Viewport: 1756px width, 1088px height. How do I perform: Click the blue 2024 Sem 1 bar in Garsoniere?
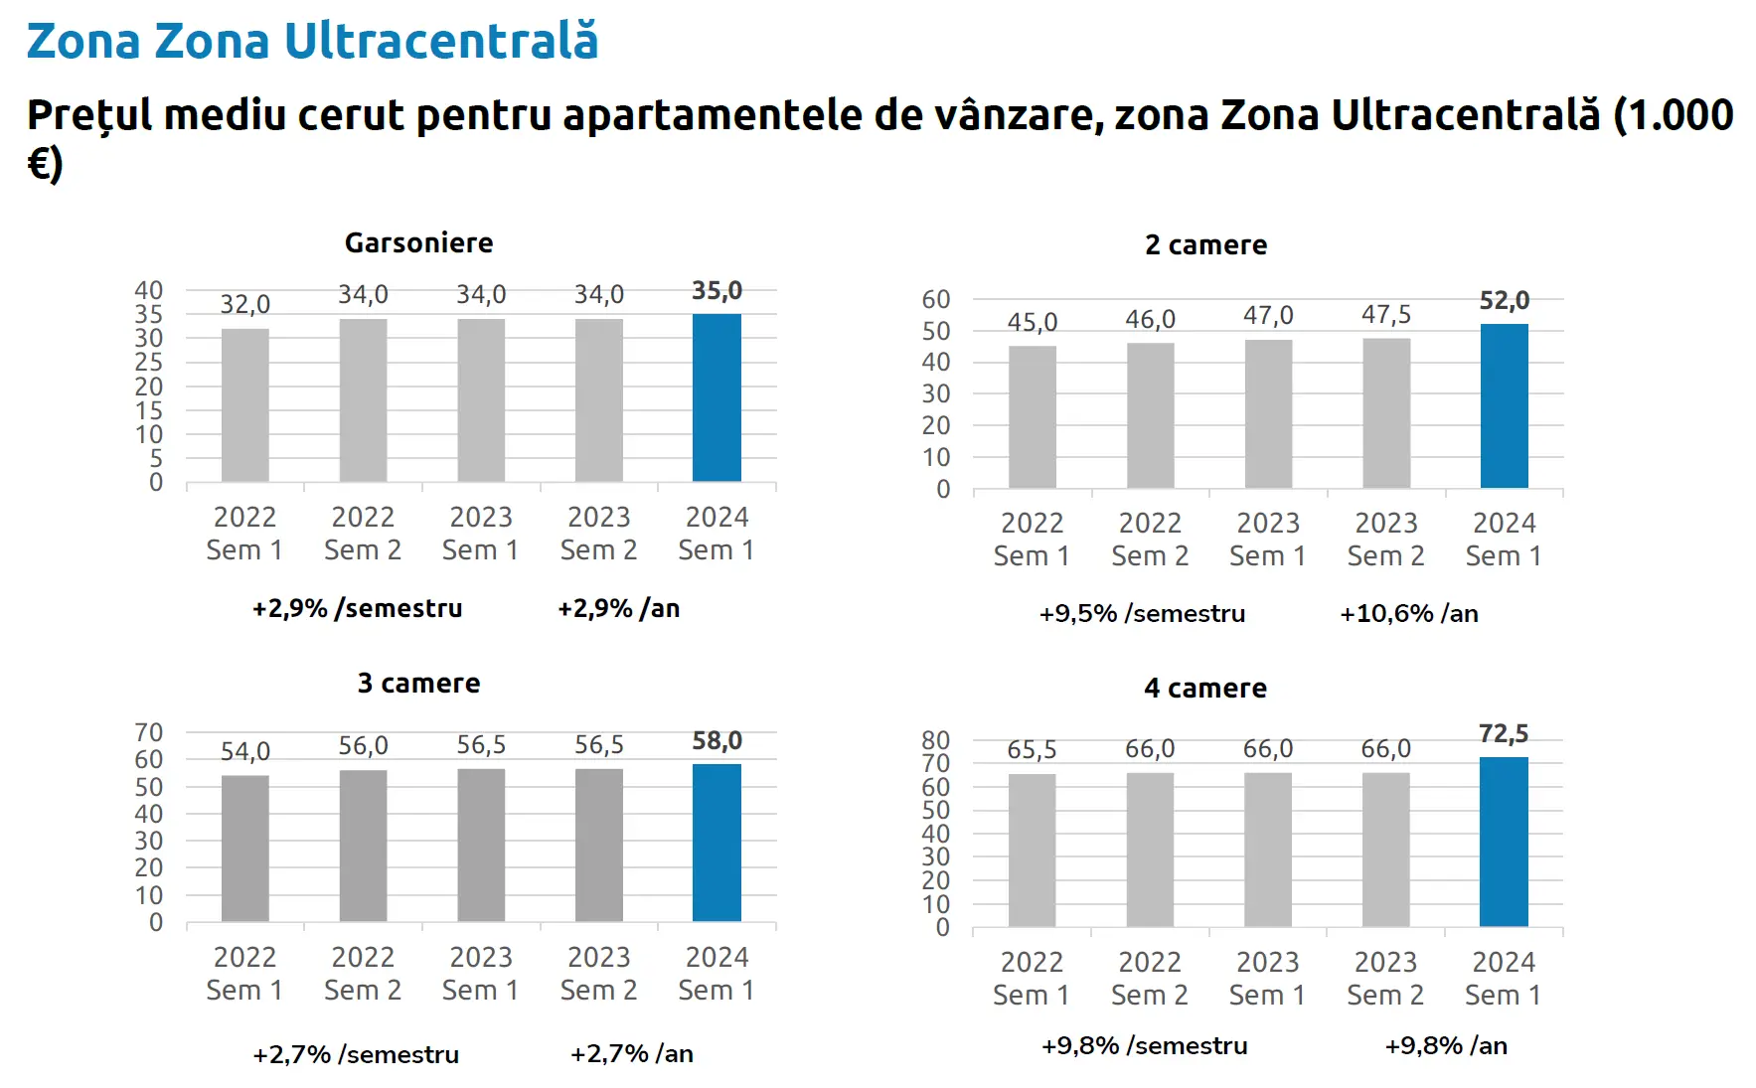(x=717, y=397)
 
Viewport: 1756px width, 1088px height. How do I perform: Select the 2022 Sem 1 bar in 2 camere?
(x=1033, y=417)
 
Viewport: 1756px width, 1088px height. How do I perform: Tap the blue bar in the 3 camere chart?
(x=717, y=843)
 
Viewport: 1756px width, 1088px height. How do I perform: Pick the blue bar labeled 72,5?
(x=1504, y=842)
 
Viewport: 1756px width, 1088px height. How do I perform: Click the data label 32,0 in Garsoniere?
(x=244, y=304)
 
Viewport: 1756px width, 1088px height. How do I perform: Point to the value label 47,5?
(x=1386, y=315)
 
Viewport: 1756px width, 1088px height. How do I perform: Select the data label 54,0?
(x=244, y=751)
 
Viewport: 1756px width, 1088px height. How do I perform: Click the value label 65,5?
(x=1032, y=750)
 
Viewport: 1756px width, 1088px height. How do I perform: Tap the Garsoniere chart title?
(x=418, y=243)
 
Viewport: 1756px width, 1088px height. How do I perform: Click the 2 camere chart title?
(x=1205, y=245)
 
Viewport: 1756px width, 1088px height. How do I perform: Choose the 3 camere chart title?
(x=418, y=684)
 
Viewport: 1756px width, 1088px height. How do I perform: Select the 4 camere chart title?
(x=1204, y=689)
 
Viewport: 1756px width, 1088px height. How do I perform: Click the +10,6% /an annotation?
(x=1408, y=614)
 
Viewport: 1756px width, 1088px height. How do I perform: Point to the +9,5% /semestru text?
(x=1142, y=614)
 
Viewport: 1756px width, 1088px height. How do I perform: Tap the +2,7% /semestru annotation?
(x=356, y=1054)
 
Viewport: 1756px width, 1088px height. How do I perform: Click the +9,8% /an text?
(x=1446, y=1046)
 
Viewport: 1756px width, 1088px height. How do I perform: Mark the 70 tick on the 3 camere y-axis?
(x=149, y=733)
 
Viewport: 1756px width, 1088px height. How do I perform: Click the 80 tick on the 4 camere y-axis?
(x=936, y=740)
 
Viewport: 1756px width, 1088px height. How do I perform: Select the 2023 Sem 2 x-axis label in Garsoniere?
(x=598, y=534)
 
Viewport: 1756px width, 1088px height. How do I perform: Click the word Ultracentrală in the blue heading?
(x=441, y=42)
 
